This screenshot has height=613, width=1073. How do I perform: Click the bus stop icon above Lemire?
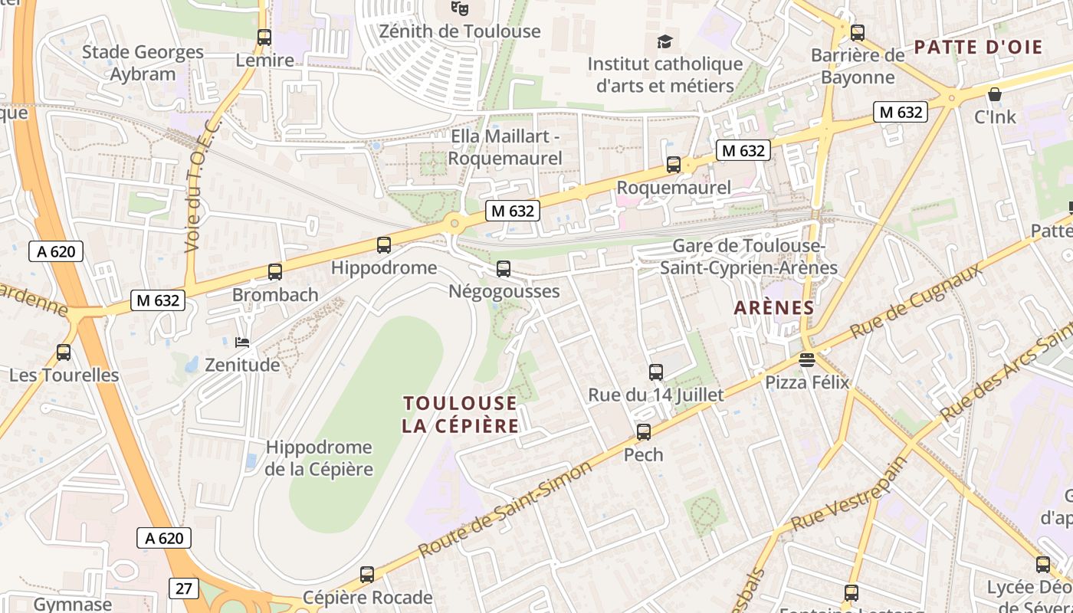pos(264,37)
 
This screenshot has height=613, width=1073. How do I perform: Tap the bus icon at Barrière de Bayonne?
pos(858,33)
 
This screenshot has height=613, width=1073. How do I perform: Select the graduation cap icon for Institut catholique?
pos(664,41)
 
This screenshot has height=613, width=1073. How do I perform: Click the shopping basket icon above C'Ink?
pos(995,94)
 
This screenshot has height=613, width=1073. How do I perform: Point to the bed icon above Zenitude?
pos(242,342)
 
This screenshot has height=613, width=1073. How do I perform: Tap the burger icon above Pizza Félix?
pos(806,359)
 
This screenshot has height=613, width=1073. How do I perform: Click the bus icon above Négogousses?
pos(504,269)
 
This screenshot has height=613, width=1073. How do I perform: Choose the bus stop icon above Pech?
pos(644,432)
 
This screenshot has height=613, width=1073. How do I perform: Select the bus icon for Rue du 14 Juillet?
pos(656,372)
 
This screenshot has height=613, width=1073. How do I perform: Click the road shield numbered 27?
pos(183,588)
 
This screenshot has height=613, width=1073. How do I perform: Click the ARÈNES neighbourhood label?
pos(773,308)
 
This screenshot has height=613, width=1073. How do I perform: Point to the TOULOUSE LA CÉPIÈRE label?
pos(460,415)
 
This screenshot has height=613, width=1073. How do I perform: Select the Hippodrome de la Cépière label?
pos(319,458)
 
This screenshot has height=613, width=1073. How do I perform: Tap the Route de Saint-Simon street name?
pos(506,508)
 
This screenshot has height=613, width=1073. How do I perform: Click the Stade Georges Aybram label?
pos(143,63)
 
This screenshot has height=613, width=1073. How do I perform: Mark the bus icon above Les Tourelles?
pos(64,352)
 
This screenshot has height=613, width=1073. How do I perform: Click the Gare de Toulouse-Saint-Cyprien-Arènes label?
pos(749,257)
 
